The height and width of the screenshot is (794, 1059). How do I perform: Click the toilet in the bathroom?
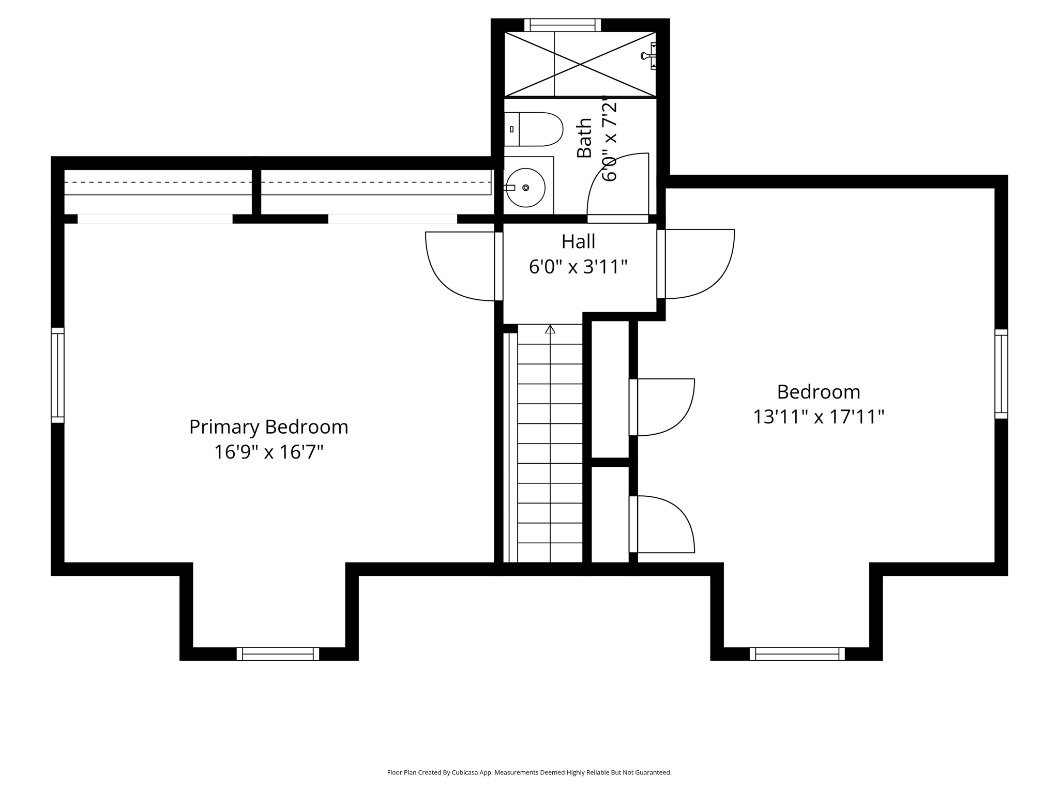535,129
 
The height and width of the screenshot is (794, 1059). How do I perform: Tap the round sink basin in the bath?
526,188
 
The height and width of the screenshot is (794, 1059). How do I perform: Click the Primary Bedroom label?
268,427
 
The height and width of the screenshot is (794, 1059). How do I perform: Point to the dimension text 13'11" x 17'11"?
818,417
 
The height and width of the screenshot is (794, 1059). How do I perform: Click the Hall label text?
578,241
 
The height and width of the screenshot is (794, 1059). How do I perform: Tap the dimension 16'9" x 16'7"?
268,452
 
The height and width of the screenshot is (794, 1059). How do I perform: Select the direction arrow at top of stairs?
550,329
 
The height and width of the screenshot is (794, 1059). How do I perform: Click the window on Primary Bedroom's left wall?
57,375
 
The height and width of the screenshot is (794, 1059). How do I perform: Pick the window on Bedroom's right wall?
1001,374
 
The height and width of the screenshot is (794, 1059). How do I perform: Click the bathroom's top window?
563,25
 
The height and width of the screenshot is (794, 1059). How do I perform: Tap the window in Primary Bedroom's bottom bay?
278,654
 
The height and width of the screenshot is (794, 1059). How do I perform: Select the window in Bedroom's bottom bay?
797,654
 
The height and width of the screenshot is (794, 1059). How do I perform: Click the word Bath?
584,138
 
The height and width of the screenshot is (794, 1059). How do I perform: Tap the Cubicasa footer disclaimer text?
529,772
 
